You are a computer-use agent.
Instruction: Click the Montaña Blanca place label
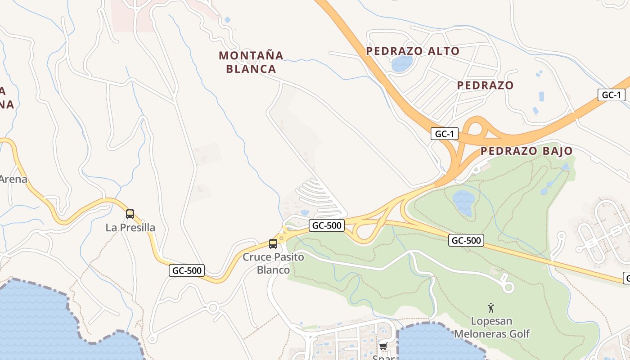coord(251,62)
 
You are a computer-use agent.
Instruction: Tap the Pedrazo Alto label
coord(413,51)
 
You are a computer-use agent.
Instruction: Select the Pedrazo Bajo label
coord(526,151)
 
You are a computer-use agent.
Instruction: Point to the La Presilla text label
coord(130,228)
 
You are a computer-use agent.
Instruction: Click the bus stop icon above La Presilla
coord(130,214)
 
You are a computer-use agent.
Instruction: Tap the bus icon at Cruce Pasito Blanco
coord(273,244)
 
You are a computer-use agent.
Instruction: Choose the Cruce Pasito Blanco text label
coord(273,263)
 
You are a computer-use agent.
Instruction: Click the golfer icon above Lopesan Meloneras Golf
coord(491,308)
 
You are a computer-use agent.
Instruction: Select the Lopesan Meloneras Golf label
coord(492,328)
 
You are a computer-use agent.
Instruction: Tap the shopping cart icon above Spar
coord(383,346)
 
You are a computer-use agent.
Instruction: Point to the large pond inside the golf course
coord(463,201)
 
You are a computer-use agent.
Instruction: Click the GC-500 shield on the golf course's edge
coord(466,240)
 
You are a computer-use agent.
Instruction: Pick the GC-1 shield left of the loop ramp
coord(445,134)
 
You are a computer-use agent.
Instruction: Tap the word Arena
coord(13,179)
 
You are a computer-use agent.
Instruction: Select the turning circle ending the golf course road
coord(508,287)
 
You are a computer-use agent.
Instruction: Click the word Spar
coord(383,358)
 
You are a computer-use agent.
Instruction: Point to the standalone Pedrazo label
coord(485,85)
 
